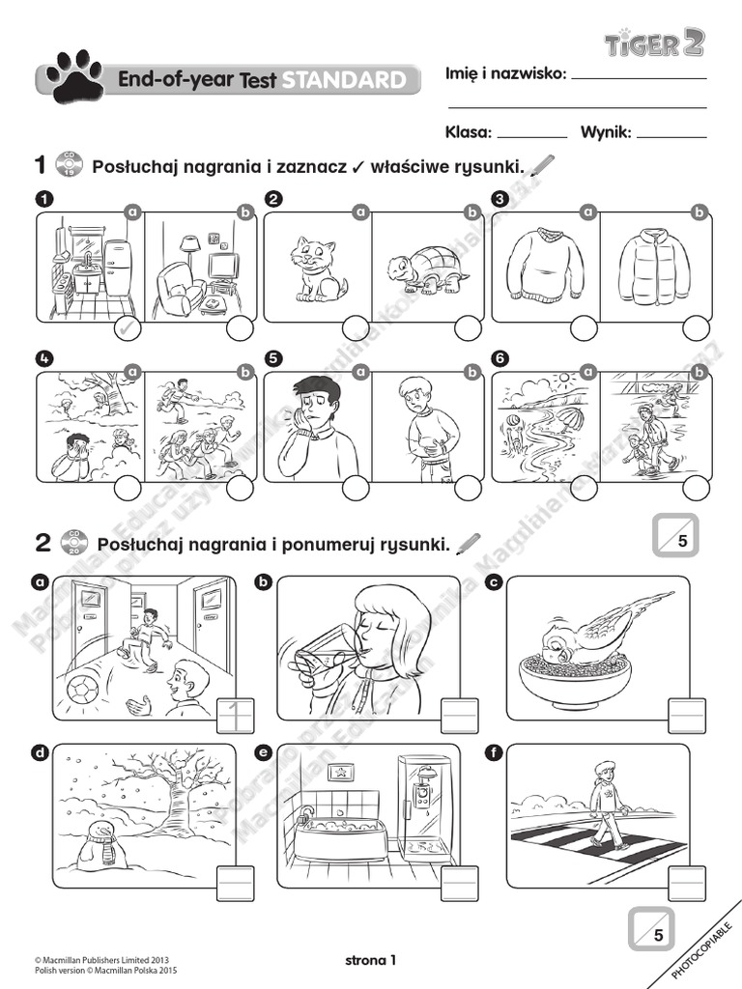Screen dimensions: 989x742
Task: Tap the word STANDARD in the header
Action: tap(343, 80)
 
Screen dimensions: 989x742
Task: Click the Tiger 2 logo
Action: tap(654, 42)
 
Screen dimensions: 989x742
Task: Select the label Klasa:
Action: tap(469, 132)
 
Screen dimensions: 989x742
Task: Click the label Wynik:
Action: tap(606, 132)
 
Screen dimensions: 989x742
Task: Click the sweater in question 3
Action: tap(546, 265)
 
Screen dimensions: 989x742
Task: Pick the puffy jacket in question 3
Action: tap(655, 267)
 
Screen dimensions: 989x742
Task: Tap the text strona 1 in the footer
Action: tap(370, 959)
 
